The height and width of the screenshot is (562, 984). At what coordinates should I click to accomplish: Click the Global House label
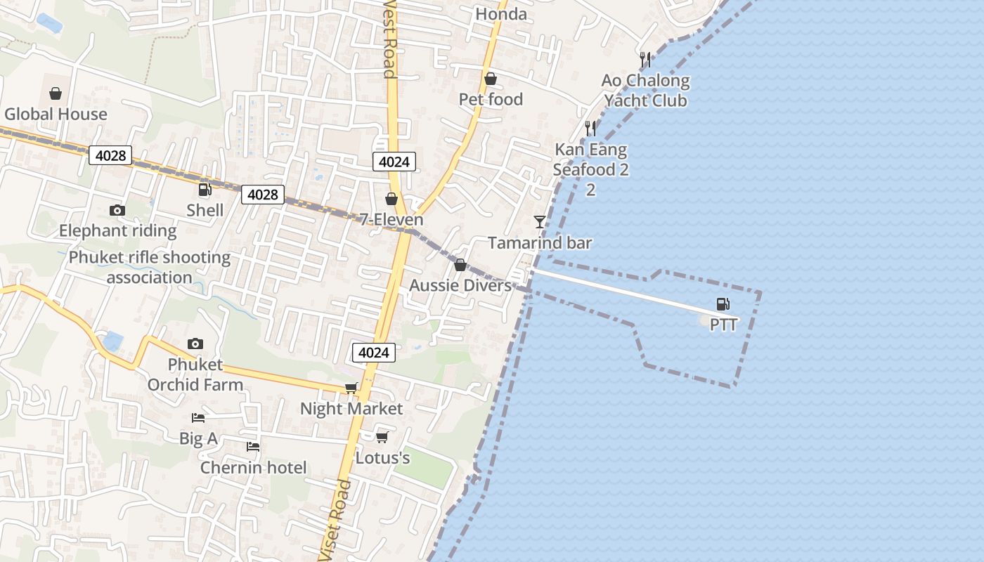click(56, 114)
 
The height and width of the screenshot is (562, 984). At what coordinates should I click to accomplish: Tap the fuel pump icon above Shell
click(205, 190)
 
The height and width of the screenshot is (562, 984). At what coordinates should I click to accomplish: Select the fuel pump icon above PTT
click(723, 304)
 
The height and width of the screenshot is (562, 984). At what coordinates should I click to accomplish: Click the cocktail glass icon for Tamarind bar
click(540, 222)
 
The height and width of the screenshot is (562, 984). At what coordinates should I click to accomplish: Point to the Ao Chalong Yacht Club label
click(645, 91)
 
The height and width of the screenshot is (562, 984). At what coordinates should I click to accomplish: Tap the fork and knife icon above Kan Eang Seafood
click(590, 129)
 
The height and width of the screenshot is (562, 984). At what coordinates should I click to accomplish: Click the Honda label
click(501, 14)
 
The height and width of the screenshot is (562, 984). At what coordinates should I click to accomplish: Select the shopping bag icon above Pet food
click(491, 79)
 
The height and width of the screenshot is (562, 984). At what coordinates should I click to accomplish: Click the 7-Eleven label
click(391, 219)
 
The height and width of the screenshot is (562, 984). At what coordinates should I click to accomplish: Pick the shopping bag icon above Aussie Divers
click(460, 265)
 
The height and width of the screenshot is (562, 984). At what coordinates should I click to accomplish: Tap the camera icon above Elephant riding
click(117, 210)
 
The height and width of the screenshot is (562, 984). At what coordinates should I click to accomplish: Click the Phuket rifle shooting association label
click(149, 267)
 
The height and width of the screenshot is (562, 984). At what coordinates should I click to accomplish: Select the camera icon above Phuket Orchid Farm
click(195, 344)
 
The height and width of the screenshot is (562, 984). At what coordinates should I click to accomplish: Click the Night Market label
click(351, 409)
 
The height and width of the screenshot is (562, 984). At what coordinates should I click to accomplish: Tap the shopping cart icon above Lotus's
click(382, 438)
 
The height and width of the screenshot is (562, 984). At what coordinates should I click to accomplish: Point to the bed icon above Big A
click(198, 418)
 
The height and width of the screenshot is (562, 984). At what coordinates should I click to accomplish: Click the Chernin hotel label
click(253, 468)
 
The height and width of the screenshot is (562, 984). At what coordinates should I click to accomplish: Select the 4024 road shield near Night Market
click(373, 353)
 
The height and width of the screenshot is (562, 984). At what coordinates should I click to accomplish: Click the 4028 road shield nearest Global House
click(111, 155)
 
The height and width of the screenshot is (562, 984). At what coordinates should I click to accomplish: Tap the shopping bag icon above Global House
click(56, 93)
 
